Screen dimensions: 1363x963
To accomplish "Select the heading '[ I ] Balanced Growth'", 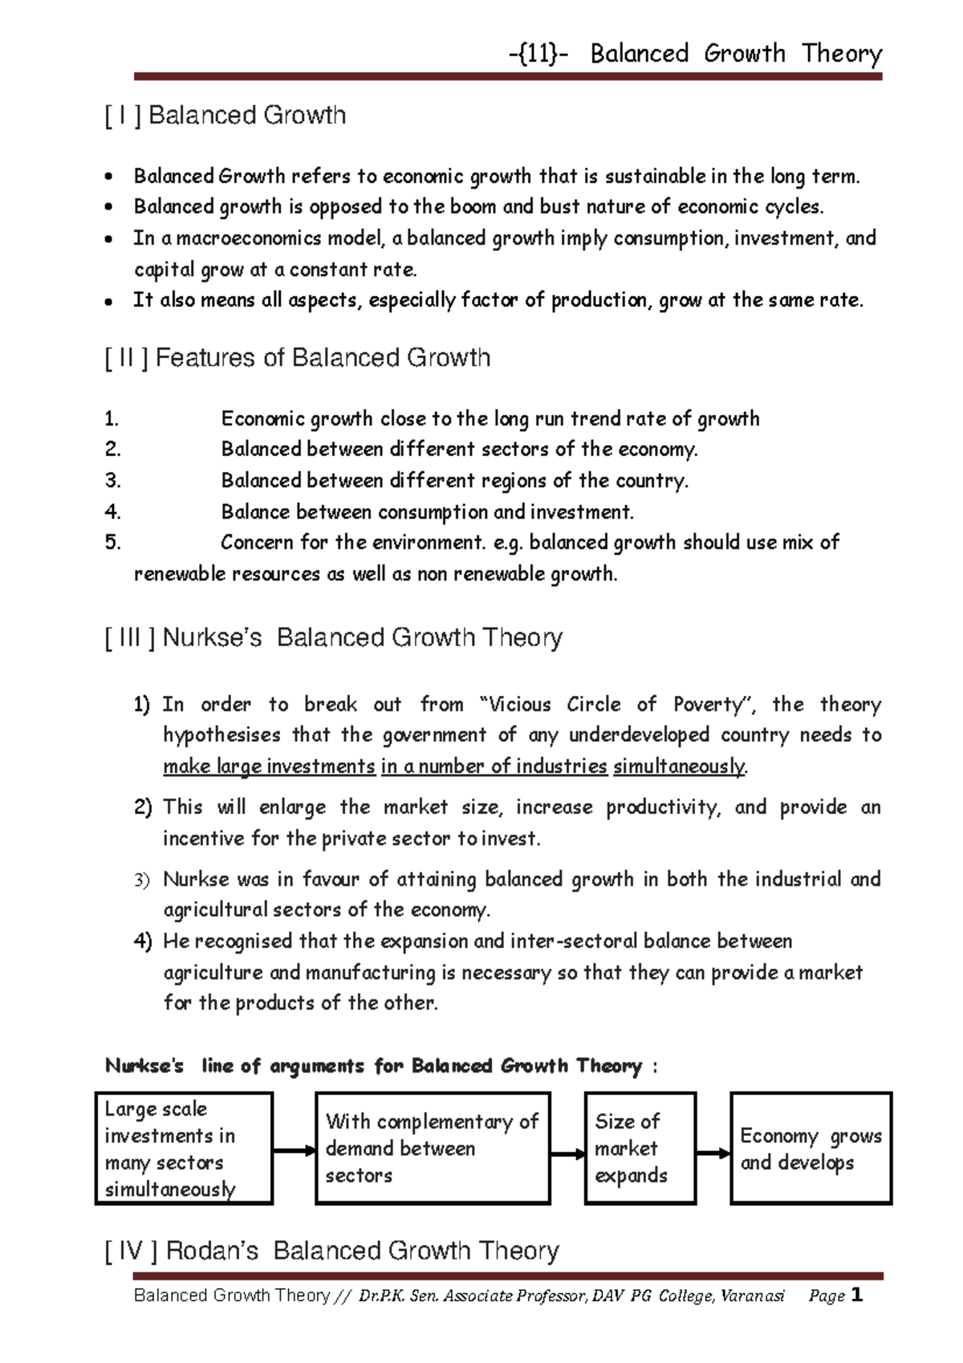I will click(226, 116).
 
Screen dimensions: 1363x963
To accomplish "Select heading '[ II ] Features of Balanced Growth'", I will click(298, 357).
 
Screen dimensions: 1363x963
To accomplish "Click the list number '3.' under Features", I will click(112, 481).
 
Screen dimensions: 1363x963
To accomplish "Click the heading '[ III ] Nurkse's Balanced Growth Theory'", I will click(334, 638).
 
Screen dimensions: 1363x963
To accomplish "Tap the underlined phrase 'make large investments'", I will click(269, 767).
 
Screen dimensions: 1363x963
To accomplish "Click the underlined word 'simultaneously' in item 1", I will click(679, 767).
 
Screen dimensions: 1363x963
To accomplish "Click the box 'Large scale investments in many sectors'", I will click(184, 1148).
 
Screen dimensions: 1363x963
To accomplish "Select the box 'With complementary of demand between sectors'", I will click(433, 1148).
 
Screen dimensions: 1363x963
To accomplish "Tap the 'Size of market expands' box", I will click(640, 1148).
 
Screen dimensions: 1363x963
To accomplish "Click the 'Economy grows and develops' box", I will click(811, 1148).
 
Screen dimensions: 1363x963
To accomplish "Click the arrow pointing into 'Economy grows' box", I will click(713, 1153).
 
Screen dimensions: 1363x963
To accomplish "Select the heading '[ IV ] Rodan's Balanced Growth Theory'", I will click(331, 1251).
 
